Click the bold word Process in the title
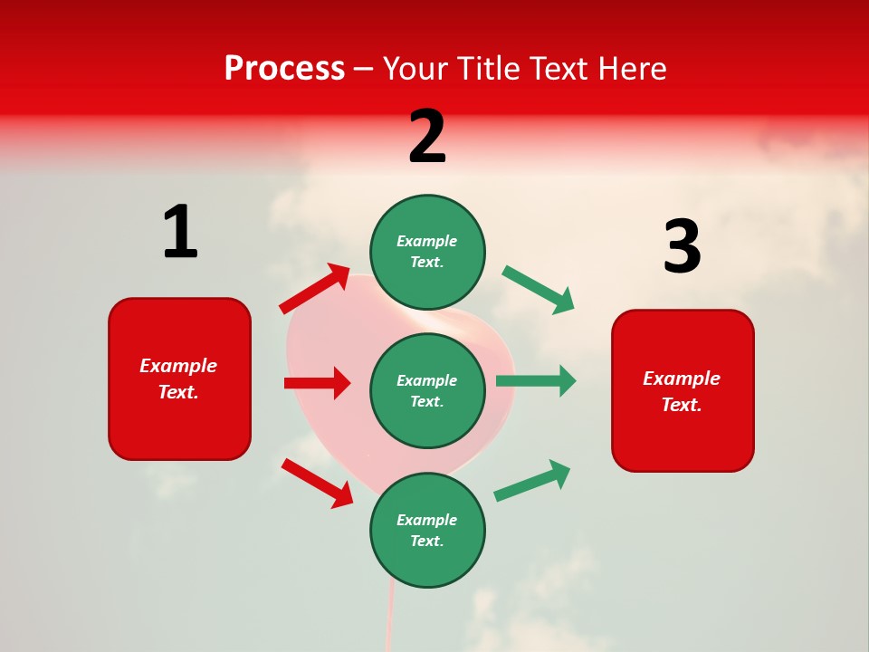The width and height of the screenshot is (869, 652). tap(284, 69)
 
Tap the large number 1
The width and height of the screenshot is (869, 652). tap(180, 232)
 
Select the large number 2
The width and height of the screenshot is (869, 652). tap(427, 137)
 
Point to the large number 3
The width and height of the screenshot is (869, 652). tap(682, 246)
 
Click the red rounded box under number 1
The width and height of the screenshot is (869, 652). tap(179, 379)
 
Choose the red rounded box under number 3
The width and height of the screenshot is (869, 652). tap(683, 390)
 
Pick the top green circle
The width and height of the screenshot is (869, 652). tap(427, 252)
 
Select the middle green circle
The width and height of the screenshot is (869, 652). tap(427, 390)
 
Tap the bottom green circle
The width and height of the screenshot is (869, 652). tap(427, 530)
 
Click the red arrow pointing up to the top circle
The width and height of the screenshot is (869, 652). tap(315, 289)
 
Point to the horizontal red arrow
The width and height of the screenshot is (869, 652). tap(317, 383)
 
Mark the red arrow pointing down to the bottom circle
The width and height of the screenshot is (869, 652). tap(317, 483)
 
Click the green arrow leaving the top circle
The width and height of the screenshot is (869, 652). tap(539, 289)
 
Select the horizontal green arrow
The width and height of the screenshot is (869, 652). tap(536, 380)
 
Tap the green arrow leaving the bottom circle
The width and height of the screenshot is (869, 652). tap(533, 480)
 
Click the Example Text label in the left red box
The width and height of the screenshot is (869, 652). tap(178, 379)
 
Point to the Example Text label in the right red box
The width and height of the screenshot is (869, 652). tap(682, 391)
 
